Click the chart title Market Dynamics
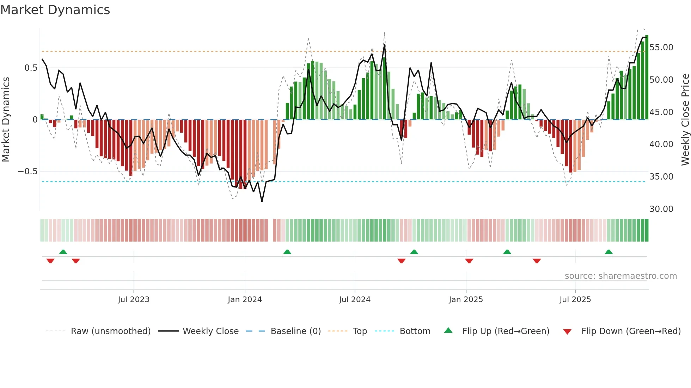(x=55, y=10)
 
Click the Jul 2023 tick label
(x=134, y=300)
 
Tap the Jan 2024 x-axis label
(x=245, y=300)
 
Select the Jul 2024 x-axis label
(x=355, y=300)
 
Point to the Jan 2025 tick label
(x=466, y=300)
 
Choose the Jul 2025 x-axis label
(x=575, y=300)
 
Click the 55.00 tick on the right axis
(x=661, y=48)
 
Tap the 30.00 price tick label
(x=661, y=209)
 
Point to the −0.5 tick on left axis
(x=27, y=171)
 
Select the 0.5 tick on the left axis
(x=31, y=68)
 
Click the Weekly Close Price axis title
(x=685, y=120)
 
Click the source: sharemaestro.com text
(x=620, y=276)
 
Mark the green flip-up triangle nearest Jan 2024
(x=287, y=252)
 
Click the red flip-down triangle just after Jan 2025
(x=469, y=261)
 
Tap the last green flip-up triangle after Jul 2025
(x=609, y=252)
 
